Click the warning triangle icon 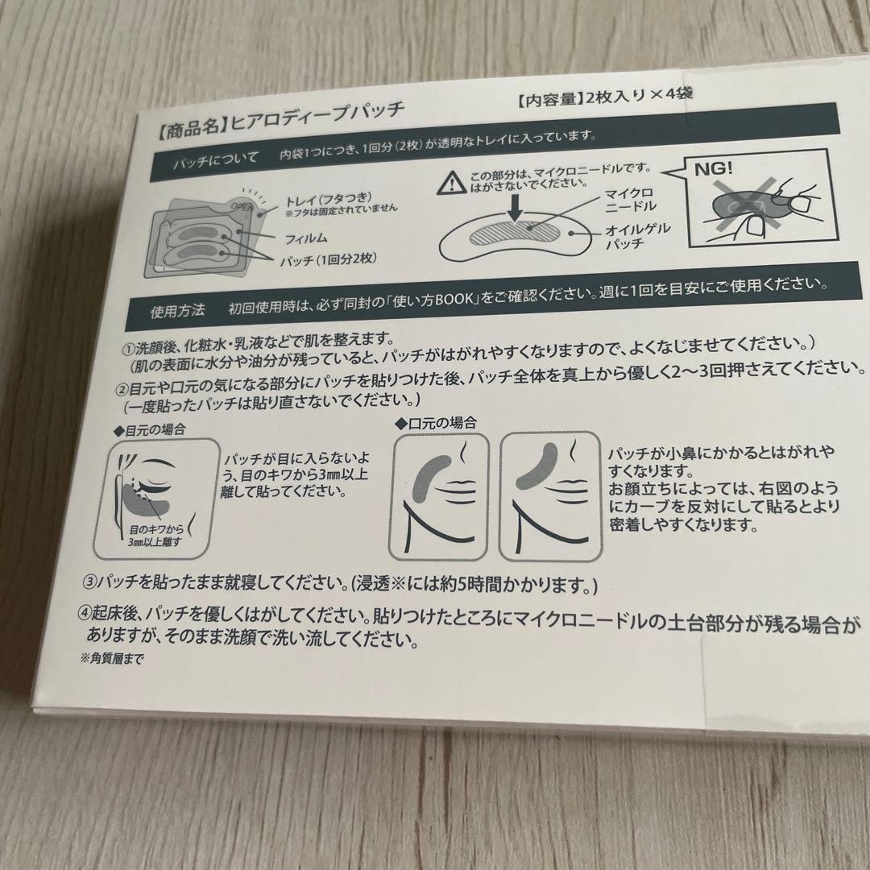coord(452,182)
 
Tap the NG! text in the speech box coord(714,168)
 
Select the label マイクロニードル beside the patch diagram coord(630,200)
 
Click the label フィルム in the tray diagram coord(306,238)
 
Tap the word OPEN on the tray coord(242,207)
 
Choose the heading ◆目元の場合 coord(149,429)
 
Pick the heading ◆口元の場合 coord(436,424)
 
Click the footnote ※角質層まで coord(112,658)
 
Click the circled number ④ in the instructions coord(85,612)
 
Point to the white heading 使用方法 coord(177,311)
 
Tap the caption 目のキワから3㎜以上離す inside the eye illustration coord(155,536)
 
